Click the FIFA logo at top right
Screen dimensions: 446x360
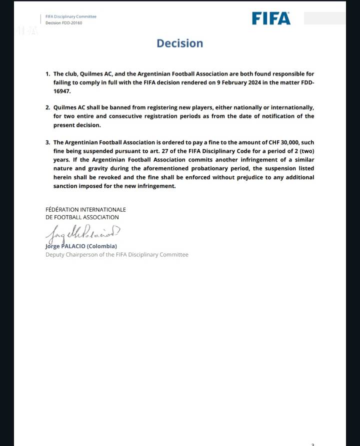point(271,18)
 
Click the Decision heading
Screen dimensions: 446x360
point(180,43)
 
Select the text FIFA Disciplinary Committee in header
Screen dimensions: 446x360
point(70,16)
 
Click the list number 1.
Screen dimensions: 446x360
point(47,73)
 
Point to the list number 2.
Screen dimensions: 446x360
point(47,107)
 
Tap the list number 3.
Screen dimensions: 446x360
point(47,142)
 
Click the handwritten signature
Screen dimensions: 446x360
point(82,232)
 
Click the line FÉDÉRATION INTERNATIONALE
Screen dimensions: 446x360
point(85,210)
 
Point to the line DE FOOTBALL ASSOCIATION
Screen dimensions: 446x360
point(82,217)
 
